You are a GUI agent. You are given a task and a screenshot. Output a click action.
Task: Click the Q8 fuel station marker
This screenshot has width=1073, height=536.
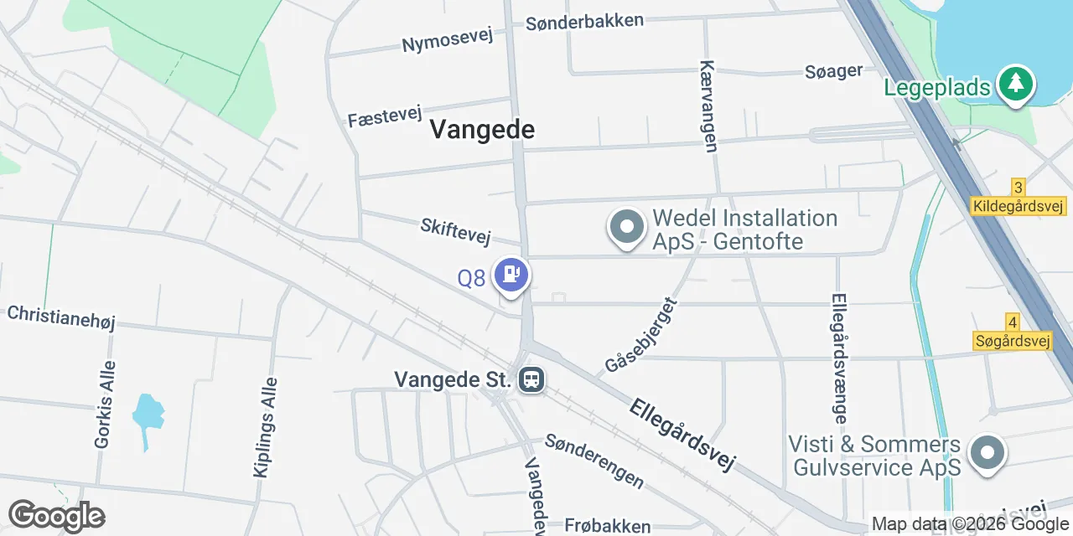[x=511, y=275]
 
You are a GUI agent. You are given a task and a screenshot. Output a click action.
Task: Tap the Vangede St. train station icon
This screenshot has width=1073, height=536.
[x=531, y=379]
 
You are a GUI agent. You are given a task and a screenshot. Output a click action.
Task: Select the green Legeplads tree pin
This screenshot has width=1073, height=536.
[x=1016, y=85]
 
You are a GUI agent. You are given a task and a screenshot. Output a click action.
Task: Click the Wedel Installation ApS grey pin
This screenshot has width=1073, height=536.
[x=627, y=226]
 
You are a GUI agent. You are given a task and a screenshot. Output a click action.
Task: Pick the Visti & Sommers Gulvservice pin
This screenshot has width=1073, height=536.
[x=987, y=453]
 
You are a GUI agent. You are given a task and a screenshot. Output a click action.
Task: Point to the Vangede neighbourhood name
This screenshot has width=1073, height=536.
[x=482, y=130]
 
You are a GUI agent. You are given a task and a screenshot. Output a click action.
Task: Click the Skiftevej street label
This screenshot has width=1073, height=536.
[x=455, y=231]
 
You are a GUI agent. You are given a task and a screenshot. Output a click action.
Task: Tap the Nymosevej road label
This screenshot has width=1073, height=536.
[x=447, y=39]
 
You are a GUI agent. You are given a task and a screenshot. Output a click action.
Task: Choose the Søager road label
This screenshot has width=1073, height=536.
[x=833, y=71]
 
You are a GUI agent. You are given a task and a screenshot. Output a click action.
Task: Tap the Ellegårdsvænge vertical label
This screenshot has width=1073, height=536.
[x=840, y=358]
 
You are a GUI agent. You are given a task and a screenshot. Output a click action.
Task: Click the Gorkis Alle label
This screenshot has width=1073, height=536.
[x=105, y=405]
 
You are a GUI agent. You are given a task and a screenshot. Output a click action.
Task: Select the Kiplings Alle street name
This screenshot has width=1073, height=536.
[x=265, y=427]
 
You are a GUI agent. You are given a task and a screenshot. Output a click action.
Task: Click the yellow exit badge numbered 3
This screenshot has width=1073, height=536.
[x=1018, y=188]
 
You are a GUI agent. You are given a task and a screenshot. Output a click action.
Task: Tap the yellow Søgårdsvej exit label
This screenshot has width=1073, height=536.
[x=1013, y=341]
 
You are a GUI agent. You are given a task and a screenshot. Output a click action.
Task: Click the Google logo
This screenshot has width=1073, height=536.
[x=56, y=516]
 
